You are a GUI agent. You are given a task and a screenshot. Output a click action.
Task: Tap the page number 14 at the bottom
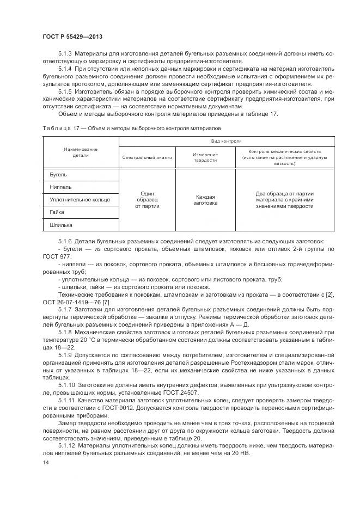click(x=45, y=461)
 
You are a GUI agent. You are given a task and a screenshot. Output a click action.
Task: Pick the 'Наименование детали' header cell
click(x=80, y=152)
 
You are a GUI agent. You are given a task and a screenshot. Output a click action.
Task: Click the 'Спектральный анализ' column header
click(x=147, y=157)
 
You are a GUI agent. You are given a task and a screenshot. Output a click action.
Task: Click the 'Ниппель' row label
click(x=60, y=187)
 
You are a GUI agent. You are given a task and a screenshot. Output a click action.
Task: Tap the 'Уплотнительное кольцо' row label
click(x=80, y=200)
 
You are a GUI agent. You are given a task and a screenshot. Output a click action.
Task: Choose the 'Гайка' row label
click(x=57, y=212)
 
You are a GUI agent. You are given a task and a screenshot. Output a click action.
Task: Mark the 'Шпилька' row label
click(x=60, y=225)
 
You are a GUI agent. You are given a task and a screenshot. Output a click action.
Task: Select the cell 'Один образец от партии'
click(x=147, y=200)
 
